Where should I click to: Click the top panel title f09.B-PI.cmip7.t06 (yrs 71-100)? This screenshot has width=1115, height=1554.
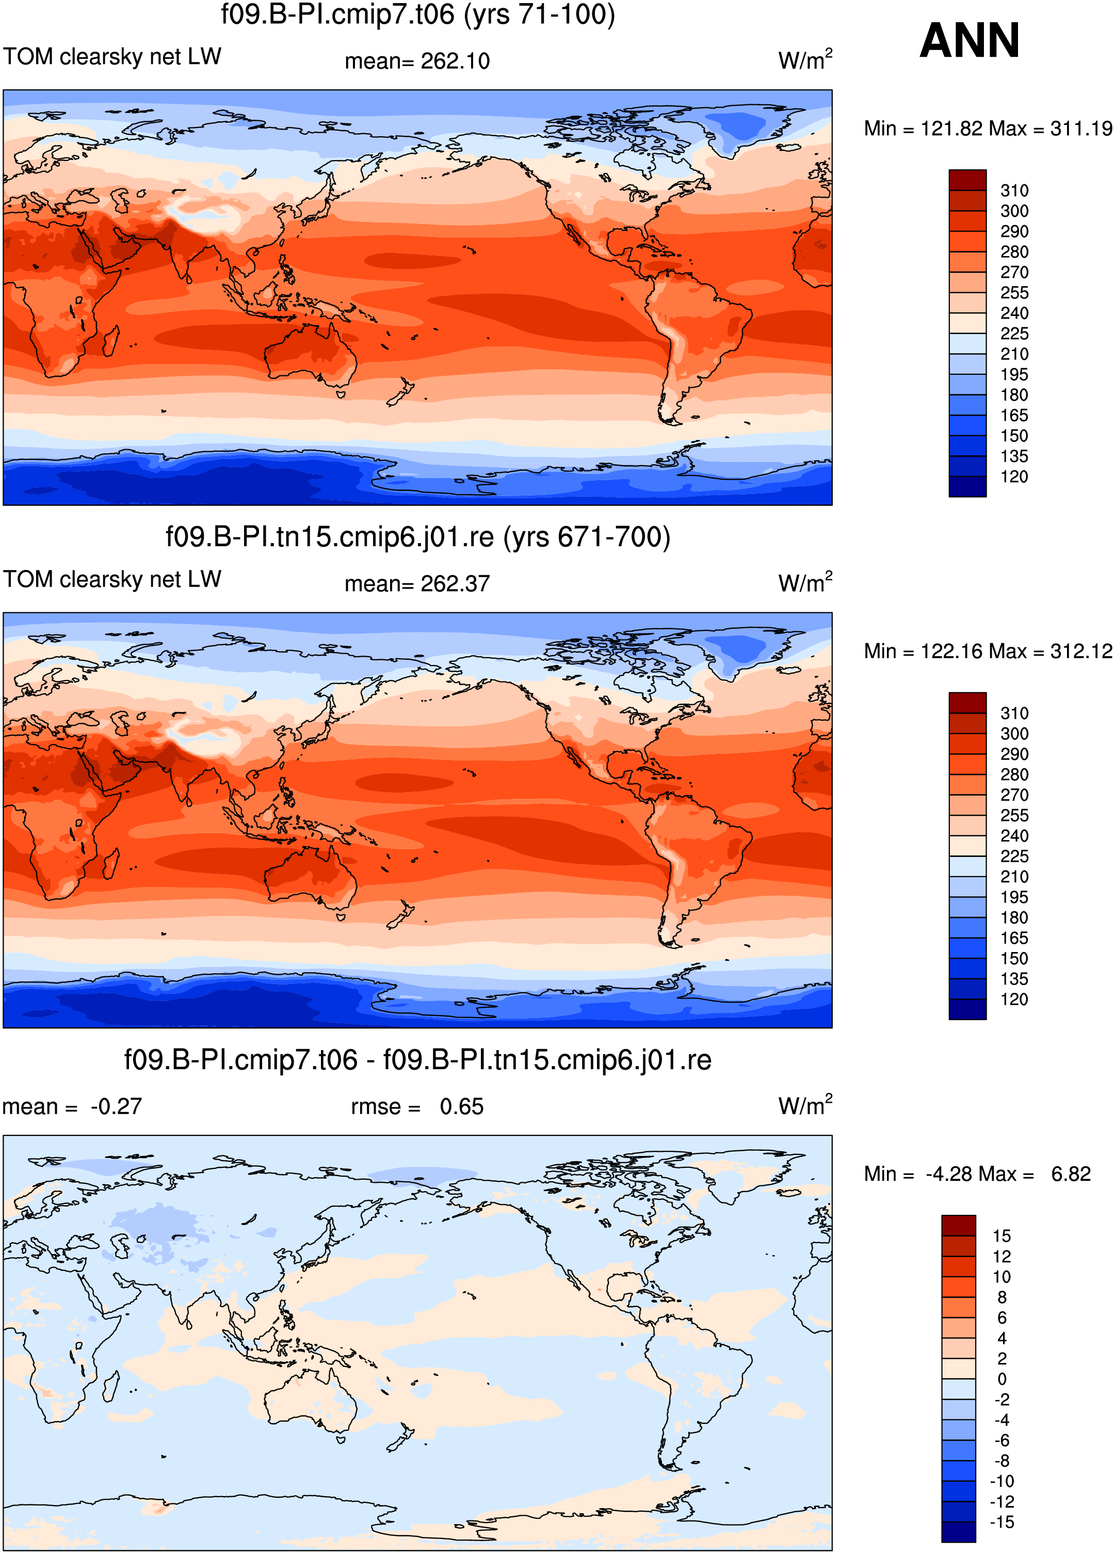click(x=418, y=14)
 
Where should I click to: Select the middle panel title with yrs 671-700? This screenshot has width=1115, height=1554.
click(x=418, y=536)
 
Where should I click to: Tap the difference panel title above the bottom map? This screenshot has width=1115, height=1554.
click(x=418, y=1059)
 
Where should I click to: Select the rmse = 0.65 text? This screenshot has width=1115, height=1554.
click(x=417, y=1106)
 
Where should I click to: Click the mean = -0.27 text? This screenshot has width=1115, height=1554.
click(x=72, y=1106)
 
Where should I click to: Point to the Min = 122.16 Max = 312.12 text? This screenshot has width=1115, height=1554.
click(x=988, y=651)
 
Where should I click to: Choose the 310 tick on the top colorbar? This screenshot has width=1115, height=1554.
click(x=1014, y=191)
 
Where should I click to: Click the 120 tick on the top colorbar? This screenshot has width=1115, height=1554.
click(x=1014, y=477)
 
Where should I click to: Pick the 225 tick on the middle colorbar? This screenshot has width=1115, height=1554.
click(x=1014, y=857)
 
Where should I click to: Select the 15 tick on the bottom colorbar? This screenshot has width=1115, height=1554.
click(x=1001, y=1236)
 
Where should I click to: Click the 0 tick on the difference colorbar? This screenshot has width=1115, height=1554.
click(x=1002, y=1379)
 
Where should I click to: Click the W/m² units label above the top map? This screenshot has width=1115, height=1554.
click(x=805, y=59)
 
